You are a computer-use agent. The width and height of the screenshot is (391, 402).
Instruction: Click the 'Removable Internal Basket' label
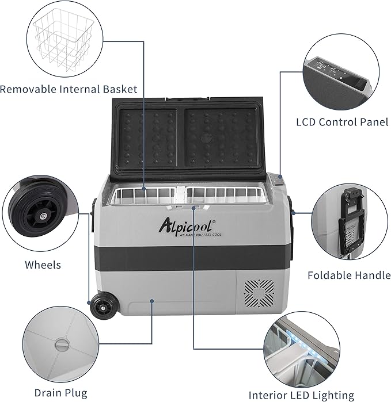coord(69,89)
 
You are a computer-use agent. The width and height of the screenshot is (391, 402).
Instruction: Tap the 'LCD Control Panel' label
coord(342,122)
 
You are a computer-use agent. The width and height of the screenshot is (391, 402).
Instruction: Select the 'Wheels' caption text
coord(43,265)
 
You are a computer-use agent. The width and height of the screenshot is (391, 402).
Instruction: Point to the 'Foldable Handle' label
coord(349,275)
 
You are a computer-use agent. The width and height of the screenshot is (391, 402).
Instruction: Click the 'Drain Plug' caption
coord(60,393)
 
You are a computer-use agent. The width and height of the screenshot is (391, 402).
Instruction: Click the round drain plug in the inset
coord(60,345)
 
